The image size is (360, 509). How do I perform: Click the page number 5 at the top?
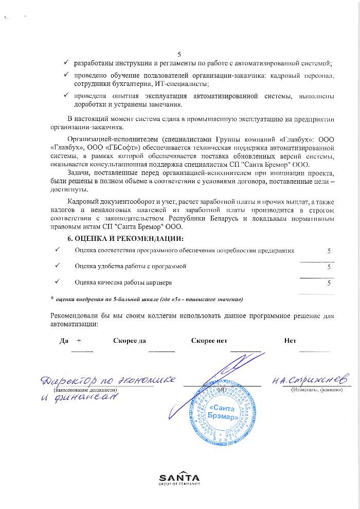pos(179,54)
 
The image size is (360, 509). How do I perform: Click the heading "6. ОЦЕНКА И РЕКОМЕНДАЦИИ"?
pos(125,238)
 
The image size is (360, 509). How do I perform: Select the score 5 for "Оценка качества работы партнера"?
pos(329,283)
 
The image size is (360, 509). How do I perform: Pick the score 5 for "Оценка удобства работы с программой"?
pos(329,267)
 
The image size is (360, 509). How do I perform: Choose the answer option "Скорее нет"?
pos(209,341)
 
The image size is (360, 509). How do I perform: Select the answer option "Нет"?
pos(290,341)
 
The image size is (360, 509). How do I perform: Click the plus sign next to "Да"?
pos(79,341)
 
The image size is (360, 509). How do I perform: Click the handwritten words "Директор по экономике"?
pos(110,381)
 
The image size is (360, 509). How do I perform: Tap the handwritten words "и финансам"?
pos(81,400)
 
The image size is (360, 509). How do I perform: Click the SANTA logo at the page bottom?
pos(179,478)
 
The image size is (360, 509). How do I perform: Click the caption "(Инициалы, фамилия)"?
pos(316,390)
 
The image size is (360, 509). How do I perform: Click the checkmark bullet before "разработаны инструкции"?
pos(66,63)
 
